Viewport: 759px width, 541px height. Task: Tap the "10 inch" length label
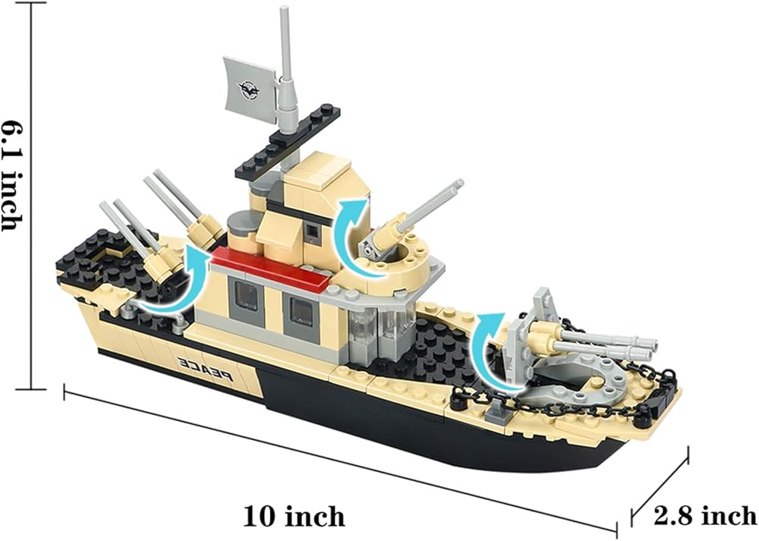(294, 517)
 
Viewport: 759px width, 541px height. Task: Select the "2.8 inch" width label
(705, 517)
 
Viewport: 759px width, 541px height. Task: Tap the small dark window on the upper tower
(311, 228)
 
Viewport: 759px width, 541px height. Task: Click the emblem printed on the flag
(250, 88)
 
